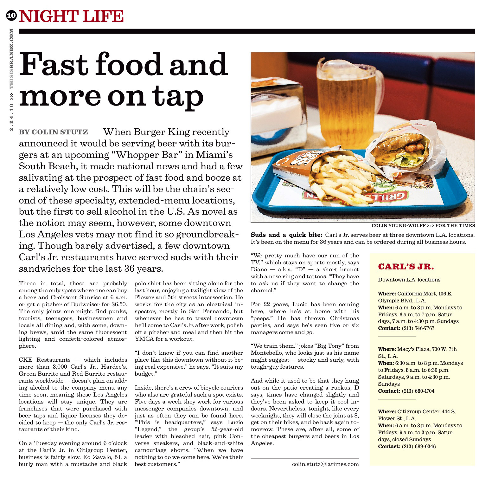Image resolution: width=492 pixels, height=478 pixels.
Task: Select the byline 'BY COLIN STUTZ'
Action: [54, 132]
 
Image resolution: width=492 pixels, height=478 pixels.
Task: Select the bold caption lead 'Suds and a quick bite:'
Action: [286, 235]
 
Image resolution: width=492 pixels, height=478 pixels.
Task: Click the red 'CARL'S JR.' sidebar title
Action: [406, 267]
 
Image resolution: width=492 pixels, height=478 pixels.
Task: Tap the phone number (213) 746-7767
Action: [418, 328]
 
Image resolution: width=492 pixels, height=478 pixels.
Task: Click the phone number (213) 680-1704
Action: [418, 391]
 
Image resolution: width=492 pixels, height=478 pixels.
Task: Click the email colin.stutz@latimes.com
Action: [325, 464]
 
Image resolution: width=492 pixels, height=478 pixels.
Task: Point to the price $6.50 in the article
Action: [118, 304]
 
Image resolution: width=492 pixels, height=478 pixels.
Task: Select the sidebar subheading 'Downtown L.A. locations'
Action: [409, 280]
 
